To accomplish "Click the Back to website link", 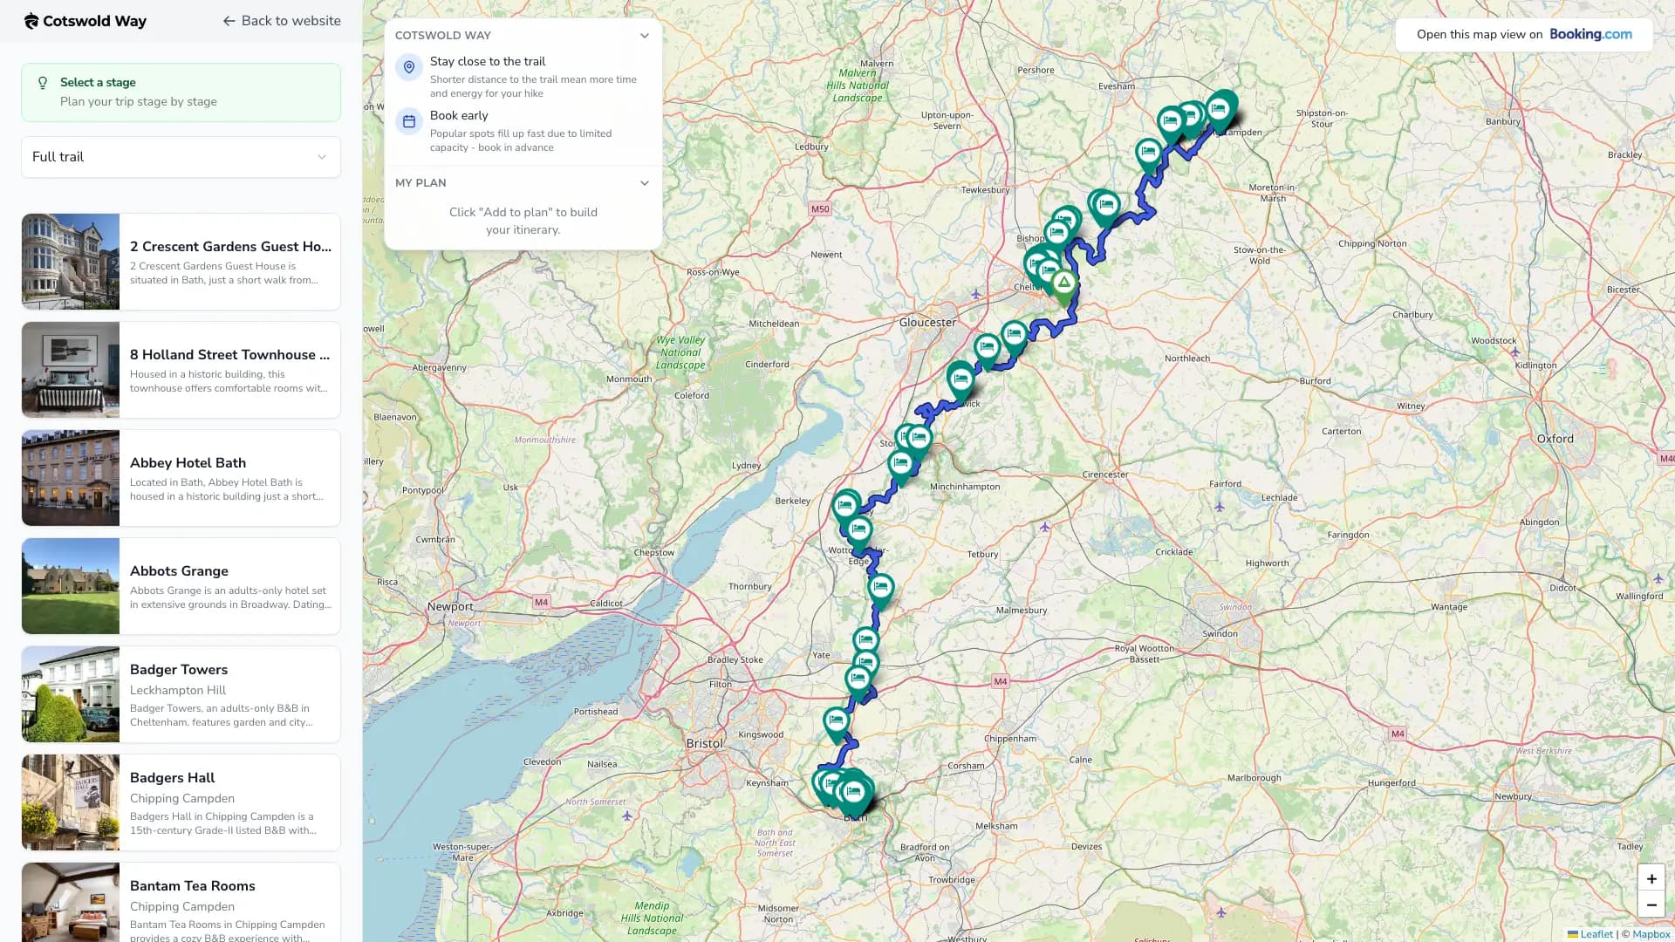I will (x=281, y=21).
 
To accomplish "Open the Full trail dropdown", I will (x=181, y=157).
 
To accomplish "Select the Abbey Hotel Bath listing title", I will (x=188, y=463).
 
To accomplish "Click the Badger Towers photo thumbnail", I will (x=71, y=694).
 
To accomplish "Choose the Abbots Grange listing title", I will (x=179, y=571).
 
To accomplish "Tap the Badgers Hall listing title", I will (x=172, y=778).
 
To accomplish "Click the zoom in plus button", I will (x=1651, y=879).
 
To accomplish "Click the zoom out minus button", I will (x=1651, y=905).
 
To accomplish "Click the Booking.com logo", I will (x=1590, y=35).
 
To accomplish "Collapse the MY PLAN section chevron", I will (x=644, y=183).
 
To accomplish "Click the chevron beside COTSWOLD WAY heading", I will (x=644, y=36).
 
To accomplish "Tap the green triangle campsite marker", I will (x=1063, y=283).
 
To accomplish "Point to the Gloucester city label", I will (x=927, y=323).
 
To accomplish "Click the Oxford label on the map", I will (x=1555, y=439).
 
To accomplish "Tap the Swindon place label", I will (x=1219, y=634).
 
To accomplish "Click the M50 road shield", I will (x=819, y=209).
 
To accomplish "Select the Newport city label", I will (x=450, y=607).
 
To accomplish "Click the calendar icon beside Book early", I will (x=409, y=121).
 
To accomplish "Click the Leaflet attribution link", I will (x=1596, y=934).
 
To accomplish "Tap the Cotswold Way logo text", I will (x=94, y=21).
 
